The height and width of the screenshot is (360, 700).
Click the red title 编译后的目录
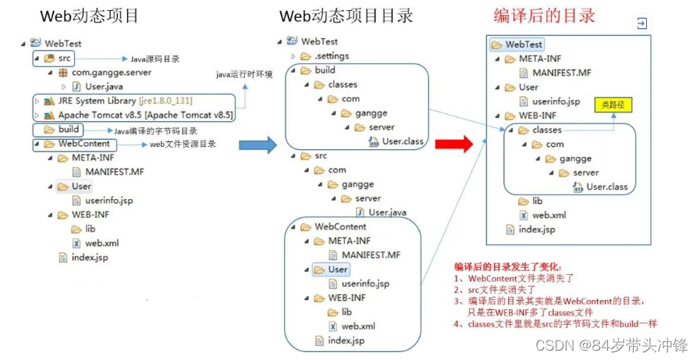point(544,16)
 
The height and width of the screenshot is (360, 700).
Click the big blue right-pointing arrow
point(257,145)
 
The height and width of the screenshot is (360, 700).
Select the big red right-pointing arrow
point(453,144)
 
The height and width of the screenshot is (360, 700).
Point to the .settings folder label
point(331,56)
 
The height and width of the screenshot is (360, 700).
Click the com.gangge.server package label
point(112,73)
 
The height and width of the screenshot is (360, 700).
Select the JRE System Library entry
point(118,101)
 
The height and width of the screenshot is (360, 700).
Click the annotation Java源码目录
point(156,59)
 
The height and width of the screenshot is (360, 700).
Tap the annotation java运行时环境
point(244,75)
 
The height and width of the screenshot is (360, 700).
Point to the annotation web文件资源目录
point(183,144)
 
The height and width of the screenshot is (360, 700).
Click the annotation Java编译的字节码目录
point(155,130)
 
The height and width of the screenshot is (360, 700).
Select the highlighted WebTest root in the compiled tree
point(523,45)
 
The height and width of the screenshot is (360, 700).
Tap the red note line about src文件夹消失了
point(492,289)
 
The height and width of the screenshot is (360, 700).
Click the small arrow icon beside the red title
point(641,24)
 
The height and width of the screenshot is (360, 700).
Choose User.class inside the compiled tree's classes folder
point(606,187)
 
